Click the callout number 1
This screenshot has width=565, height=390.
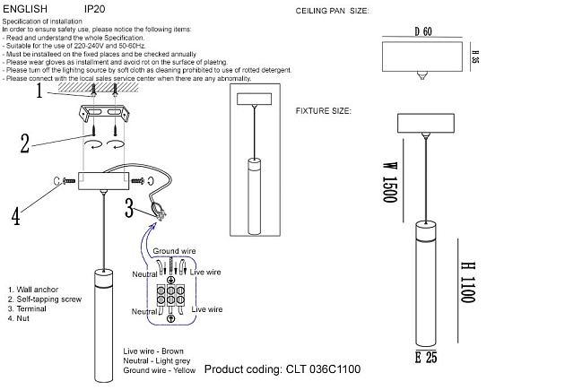(40, 91)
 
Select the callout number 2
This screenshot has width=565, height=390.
(28, 141)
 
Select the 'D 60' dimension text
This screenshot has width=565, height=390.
(423, 32)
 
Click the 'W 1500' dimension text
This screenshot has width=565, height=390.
(389, 182)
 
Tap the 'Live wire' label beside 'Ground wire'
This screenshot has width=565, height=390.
(206, 272)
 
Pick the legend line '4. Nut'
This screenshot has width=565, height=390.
(20, 317)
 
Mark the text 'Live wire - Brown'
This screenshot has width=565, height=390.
(154, 351)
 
